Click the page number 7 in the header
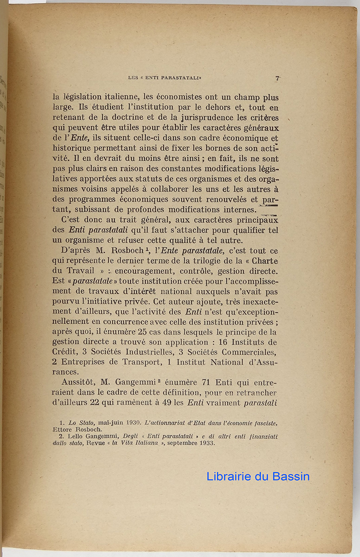(276, 78)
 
